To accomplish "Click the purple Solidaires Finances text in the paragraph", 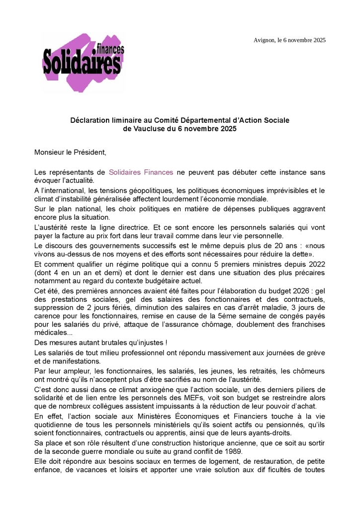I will point(141,172).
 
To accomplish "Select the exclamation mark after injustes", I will point(166,343).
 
